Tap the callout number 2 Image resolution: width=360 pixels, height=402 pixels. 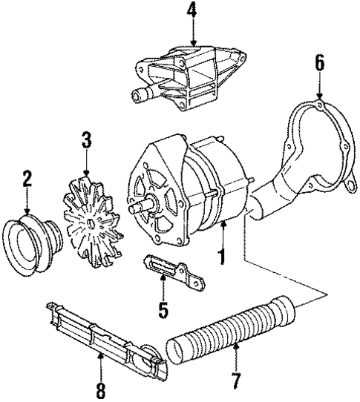(x=27, y=179)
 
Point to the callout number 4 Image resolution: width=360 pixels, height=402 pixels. (x=193, y=10)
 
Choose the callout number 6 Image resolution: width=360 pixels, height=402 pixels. (x=320, y=64)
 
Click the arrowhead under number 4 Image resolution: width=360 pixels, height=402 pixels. (x=193, y=44)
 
